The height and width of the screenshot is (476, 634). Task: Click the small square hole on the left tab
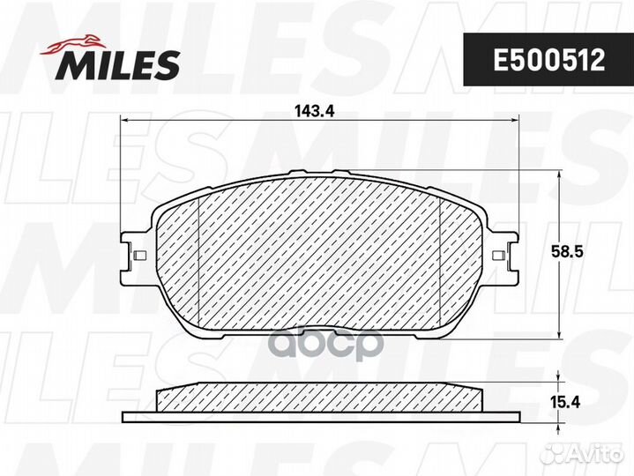tap(139, 256)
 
